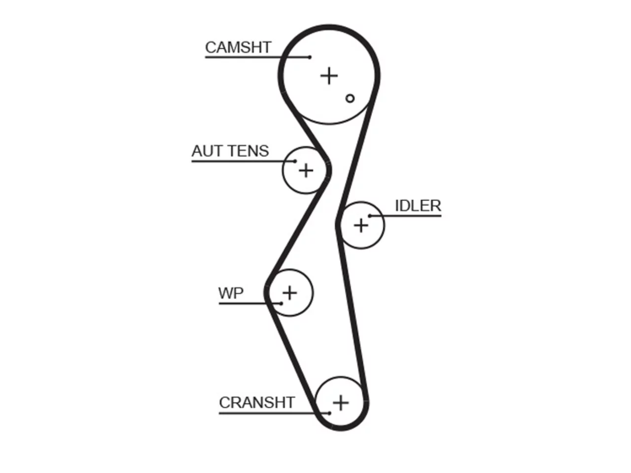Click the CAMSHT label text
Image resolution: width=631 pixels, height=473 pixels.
(238, 47)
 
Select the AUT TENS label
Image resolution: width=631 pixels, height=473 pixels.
(230, 151)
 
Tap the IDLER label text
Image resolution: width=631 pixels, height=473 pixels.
(418, 205)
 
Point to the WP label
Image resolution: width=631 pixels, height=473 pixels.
(231, 293)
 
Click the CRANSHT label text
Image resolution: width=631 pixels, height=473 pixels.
(257, 403)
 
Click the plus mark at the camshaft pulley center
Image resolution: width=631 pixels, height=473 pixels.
(329, 76)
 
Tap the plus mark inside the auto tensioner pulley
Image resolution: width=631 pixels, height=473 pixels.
(306, 170)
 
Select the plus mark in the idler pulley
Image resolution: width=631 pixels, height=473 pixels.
(361, 226)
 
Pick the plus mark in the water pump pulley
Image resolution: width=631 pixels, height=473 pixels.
(290, 293)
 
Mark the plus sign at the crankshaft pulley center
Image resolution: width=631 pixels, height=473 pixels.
(341, 403)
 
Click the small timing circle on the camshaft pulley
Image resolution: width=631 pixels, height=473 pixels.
(350, 99)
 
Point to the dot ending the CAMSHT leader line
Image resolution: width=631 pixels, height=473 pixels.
(310, 57)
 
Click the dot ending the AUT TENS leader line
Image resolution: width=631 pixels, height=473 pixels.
(295, 161)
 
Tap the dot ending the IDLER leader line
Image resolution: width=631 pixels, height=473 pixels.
(370, 216)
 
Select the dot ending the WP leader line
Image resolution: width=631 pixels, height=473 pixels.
(281, 304)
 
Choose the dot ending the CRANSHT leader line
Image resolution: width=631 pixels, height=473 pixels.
(329, 413)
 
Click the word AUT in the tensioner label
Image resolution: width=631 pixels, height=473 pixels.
(206, 151)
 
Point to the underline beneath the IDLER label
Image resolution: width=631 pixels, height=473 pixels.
(406, 216)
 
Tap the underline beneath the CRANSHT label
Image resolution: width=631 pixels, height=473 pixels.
(274, 413)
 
